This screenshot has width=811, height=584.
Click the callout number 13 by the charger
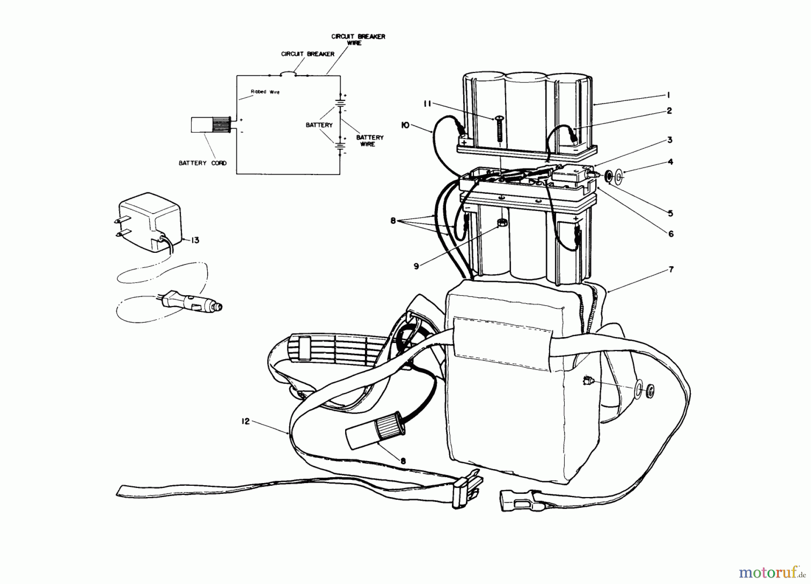(195, 241)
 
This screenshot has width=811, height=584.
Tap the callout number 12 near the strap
(245, 422)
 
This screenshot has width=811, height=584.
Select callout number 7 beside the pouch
(671, 269)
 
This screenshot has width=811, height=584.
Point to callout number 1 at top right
(669, 95)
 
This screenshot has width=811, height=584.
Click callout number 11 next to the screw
(428, 105)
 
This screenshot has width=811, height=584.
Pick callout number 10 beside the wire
(405, 125)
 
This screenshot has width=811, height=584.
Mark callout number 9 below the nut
(416, 266)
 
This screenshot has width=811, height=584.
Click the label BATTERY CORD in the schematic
(202, 163)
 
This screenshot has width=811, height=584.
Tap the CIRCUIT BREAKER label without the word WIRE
(308, 54)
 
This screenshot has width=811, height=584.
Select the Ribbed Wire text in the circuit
(265, 92)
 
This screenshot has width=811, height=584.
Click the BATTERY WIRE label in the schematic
(370, 141)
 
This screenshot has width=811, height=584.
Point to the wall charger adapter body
(151, 223)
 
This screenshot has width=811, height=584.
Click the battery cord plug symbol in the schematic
(211, 125)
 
